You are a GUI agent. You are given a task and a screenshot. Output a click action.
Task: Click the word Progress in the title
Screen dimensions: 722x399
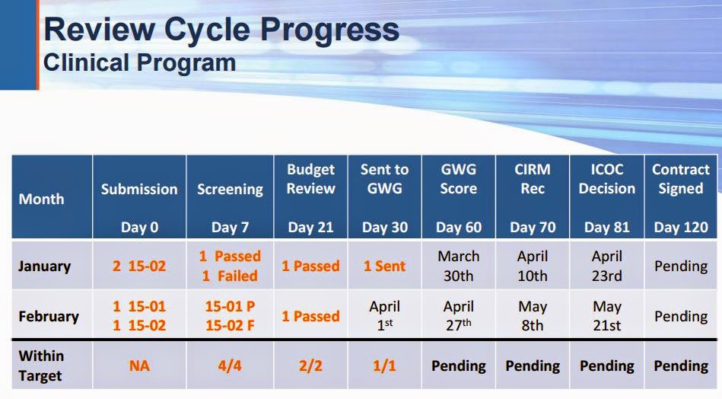(x=329, y=30)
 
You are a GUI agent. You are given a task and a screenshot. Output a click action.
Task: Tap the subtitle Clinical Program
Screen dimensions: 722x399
(x=139, y=62)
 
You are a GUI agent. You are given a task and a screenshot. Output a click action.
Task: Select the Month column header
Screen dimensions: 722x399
(x=41, y=199)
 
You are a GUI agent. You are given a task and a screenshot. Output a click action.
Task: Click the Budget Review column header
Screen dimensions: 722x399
(x=311, y=179)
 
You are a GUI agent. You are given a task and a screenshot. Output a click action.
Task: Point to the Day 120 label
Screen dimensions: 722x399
(x=681, y=227)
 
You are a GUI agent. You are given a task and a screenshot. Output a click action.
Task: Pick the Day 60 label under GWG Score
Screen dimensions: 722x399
(x=459, y=227)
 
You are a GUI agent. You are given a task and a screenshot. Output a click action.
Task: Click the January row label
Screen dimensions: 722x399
(x=45, y=267)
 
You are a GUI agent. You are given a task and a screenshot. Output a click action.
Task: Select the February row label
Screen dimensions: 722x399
(x=49, y=317)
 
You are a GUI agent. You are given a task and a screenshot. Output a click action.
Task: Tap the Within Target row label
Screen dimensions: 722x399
(x=41, y=365)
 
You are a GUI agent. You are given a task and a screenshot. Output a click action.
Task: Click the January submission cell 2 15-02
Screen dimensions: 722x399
(x=139, y=266)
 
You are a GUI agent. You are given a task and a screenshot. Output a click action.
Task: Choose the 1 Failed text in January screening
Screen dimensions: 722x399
(x=230, y=276)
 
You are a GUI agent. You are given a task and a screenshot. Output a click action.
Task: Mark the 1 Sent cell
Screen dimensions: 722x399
(x=384, y=266)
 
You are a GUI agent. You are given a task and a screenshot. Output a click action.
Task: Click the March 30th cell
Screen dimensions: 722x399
(x=459, y=266)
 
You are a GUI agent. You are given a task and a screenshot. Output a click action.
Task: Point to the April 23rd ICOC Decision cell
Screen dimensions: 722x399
(x=607, y=266)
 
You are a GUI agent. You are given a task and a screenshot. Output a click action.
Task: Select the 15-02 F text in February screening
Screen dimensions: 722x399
(x=230, y=325)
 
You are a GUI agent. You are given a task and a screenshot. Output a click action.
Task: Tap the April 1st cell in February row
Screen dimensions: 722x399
(x=384, y=316)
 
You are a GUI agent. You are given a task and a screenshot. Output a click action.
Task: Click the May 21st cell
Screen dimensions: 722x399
(x=607, y=316)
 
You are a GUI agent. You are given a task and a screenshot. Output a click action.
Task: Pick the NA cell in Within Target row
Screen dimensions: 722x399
(x=139, y=365)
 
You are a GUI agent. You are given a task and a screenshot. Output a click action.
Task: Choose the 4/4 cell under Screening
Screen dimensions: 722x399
(x=230, y=365)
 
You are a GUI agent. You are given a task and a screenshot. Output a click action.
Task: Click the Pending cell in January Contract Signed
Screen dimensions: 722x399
(x=681, y=267)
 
